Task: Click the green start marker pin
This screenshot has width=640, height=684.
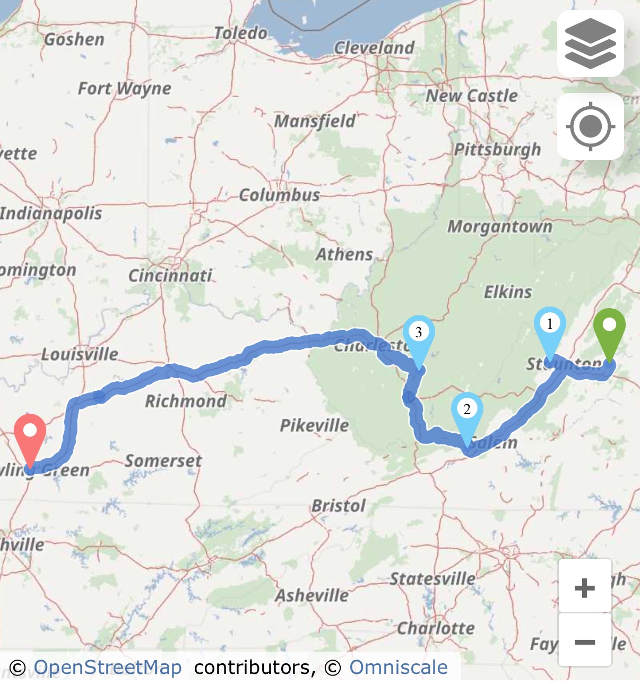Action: click(609, 330)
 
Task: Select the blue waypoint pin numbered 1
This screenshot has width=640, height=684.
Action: click(549, 329)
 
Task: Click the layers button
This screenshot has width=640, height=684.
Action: click(590, 44)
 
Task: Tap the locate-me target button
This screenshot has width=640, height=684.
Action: click(590, 127)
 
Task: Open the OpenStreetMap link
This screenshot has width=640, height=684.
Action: click(108, 667)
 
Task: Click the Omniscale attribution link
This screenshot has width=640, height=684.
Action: click(398, 667)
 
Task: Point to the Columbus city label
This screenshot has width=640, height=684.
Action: click(279, 195)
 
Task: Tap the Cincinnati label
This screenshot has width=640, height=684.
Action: click(170, 276)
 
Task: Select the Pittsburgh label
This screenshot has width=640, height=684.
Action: click(497, 150)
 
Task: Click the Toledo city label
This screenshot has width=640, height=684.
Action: click(240, 33)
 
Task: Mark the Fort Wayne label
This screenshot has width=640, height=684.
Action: click(125, 88)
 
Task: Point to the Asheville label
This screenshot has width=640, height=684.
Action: click(312, 595)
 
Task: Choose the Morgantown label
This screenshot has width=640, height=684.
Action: click(500, 227)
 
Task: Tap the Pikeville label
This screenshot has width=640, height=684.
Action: click(314, 425)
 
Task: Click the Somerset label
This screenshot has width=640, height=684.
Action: click(163, 460)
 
